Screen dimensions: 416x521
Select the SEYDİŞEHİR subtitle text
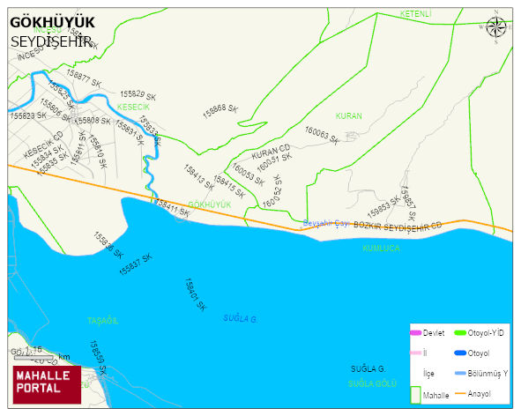point(51,41)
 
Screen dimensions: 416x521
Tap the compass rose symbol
point(496,26)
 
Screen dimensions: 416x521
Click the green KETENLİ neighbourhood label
point(415,14)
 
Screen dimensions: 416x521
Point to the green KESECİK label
point(134,107)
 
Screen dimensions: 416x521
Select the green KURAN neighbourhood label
point(348,115)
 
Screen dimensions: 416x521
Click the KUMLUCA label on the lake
point(381,249)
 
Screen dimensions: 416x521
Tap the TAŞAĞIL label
point(102,322)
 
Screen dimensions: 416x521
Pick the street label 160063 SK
point(322,136)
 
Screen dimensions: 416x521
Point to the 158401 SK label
point(195,295)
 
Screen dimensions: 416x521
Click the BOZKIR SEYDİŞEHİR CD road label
point(397,227)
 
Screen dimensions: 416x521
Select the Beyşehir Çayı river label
point(327,222)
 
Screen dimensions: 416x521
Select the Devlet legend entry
point(428,332)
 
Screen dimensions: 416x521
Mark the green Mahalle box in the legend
point(415,395)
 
